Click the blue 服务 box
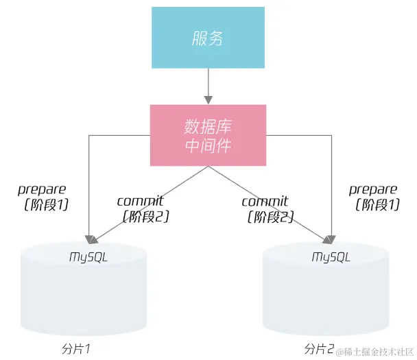point(207,37)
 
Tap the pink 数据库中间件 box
point(207,135)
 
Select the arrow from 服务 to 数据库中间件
point(207,86)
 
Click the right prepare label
point(372,189)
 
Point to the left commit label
point(141,201)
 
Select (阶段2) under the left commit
point(145,216)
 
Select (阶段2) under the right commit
point(270,217)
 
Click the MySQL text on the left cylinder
point(88,256)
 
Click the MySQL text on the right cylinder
point(331,257)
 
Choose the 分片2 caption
point(319,349)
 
